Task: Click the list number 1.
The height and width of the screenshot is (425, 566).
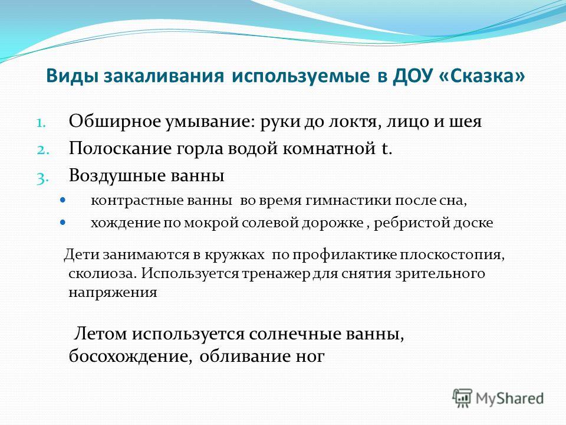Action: (x=41, y=123)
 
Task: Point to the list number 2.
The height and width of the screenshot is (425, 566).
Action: (x=42, y=150)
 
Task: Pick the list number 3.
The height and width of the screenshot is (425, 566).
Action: (x=42, y=178)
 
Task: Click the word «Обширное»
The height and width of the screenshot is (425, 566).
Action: (x=114, y=122)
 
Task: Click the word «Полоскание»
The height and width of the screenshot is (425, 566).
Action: (x=120, y=149)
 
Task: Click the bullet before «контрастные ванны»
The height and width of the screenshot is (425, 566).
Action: (x=63, y=200)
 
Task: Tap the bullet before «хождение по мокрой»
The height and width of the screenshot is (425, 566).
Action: (x=63, y=222)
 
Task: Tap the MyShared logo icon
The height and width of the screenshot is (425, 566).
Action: (x=462, y=398)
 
